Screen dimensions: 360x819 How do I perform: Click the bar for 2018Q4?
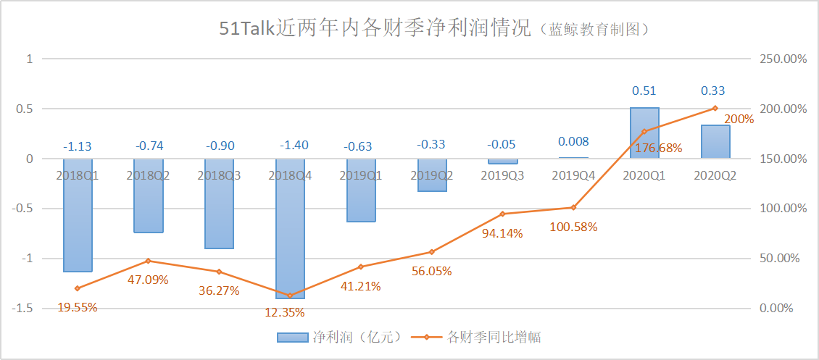[x=290, y=228]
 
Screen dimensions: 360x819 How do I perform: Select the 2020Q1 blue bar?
[x=644, y=133]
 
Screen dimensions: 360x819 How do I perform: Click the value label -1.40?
[x=290, y=146]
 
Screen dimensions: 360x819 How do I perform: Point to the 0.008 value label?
[x=573, y=142]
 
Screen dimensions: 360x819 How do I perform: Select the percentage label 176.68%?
[x=644, y=148]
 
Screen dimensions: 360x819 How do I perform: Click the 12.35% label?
[x=283, y=313]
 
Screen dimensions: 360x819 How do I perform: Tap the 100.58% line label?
[x=573, y=227]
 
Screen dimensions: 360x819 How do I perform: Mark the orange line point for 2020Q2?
[x=715, y=108]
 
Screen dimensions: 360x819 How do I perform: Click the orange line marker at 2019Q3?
[x=502, y=214]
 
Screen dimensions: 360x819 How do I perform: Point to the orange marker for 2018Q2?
[x=148, y=261]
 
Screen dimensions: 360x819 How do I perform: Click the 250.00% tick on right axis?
[x=783, y=59]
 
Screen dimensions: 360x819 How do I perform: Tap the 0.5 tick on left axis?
[x=27, y=109]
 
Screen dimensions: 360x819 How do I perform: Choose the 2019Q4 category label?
[x=573, y=175]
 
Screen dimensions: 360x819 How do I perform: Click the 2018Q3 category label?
[x=219, y=175]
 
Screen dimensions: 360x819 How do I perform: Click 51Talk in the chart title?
[x=249, y=29]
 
